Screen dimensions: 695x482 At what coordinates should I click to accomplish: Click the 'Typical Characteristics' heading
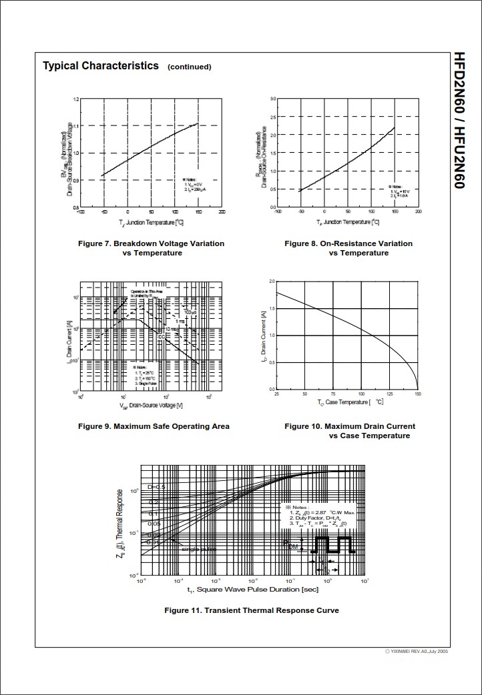[x=101, y=65]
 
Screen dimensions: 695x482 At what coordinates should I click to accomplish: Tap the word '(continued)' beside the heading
[x=189, y=67]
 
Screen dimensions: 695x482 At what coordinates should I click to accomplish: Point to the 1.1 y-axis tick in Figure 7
[x=76, y=126]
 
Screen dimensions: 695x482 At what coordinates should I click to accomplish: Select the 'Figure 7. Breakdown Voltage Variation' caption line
[x=151, y=243]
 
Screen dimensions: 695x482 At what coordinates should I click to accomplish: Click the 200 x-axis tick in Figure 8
[x=418, y=211]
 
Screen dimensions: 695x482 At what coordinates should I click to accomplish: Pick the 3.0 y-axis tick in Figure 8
[x=273, y=99]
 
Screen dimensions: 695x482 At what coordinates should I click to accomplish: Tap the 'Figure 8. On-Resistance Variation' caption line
[x=348, y=243]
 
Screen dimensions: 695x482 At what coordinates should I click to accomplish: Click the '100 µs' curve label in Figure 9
[x=190, y=311]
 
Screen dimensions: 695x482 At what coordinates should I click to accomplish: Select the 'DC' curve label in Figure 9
[x=161, y=336]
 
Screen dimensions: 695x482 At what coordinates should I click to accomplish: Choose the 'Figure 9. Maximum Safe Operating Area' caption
[x=154, y=426]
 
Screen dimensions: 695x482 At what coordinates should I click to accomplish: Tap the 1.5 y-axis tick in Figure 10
[x=272, y=309]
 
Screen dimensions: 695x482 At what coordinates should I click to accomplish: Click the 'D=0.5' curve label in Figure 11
[x=156, y=487]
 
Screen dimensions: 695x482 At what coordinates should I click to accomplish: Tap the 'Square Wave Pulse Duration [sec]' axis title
[x=252, y=590]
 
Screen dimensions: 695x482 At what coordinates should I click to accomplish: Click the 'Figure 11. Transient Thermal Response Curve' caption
[x=252, y=610]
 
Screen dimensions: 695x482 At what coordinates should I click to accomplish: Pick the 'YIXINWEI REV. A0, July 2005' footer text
[x=416, y=651]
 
